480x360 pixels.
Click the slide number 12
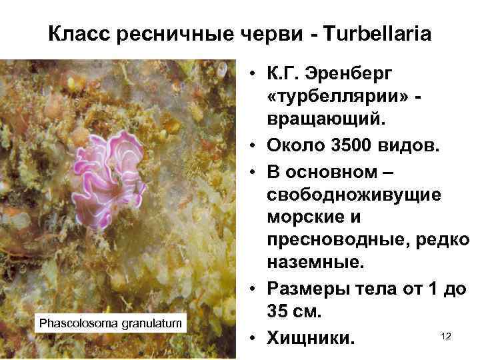[446, 337]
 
